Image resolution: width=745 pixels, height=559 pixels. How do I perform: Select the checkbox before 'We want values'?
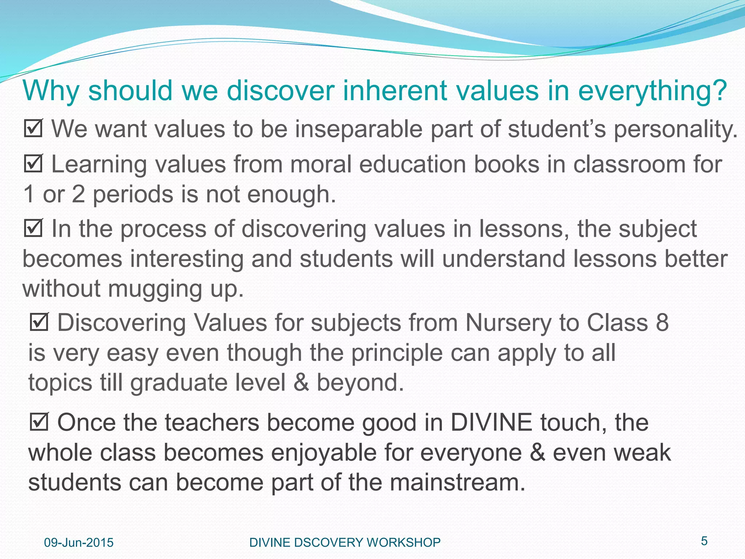pos(33,128)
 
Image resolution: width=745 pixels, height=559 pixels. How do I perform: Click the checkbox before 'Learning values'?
pos(33,164)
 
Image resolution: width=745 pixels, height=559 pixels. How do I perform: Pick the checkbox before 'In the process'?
pos(33,229)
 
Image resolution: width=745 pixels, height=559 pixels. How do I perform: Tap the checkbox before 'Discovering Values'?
pos(39,322)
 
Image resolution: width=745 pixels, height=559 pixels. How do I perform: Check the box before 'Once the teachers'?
pos(39,423)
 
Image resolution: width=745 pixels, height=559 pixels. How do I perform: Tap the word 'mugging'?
pos(155,289)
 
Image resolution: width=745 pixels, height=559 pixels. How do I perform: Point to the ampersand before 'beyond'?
pos(301,383)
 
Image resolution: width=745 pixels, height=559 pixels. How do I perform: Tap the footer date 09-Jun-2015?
pos(79,543)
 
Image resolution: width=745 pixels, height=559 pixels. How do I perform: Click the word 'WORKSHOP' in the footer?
pos(403,543)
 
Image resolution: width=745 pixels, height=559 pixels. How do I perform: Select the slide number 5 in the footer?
pos(704,541)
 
